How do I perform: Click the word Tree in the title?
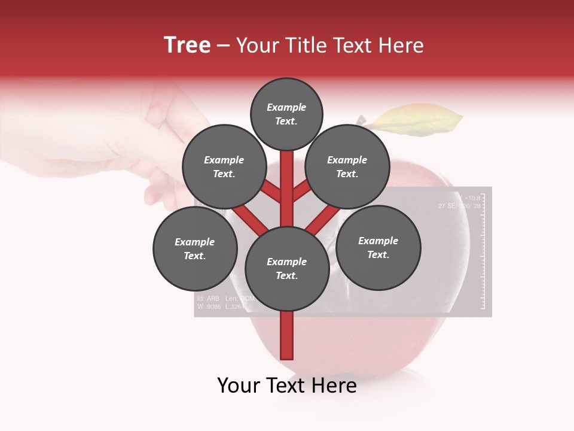point(187,45)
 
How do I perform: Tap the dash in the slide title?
point(224,45)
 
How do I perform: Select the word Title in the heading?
point(307,45)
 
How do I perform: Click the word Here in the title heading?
point(401,45)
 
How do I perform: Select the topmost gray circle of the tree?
point(286,114)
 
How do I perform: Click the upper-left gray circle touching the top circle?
point(224,166)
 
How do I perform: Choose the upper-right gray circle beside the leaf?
point(347,166)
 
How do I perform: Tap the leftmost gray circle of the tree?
point(195,248)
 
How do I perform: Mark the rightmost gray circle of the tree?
point(378,247)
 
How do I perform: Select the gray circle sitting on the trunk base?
point(287,268)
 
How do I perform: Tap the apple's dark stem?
point(361,120)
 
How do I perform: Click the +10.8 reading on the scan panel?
point(472,198)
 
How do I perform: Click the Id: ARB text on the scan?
point(207,298)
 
